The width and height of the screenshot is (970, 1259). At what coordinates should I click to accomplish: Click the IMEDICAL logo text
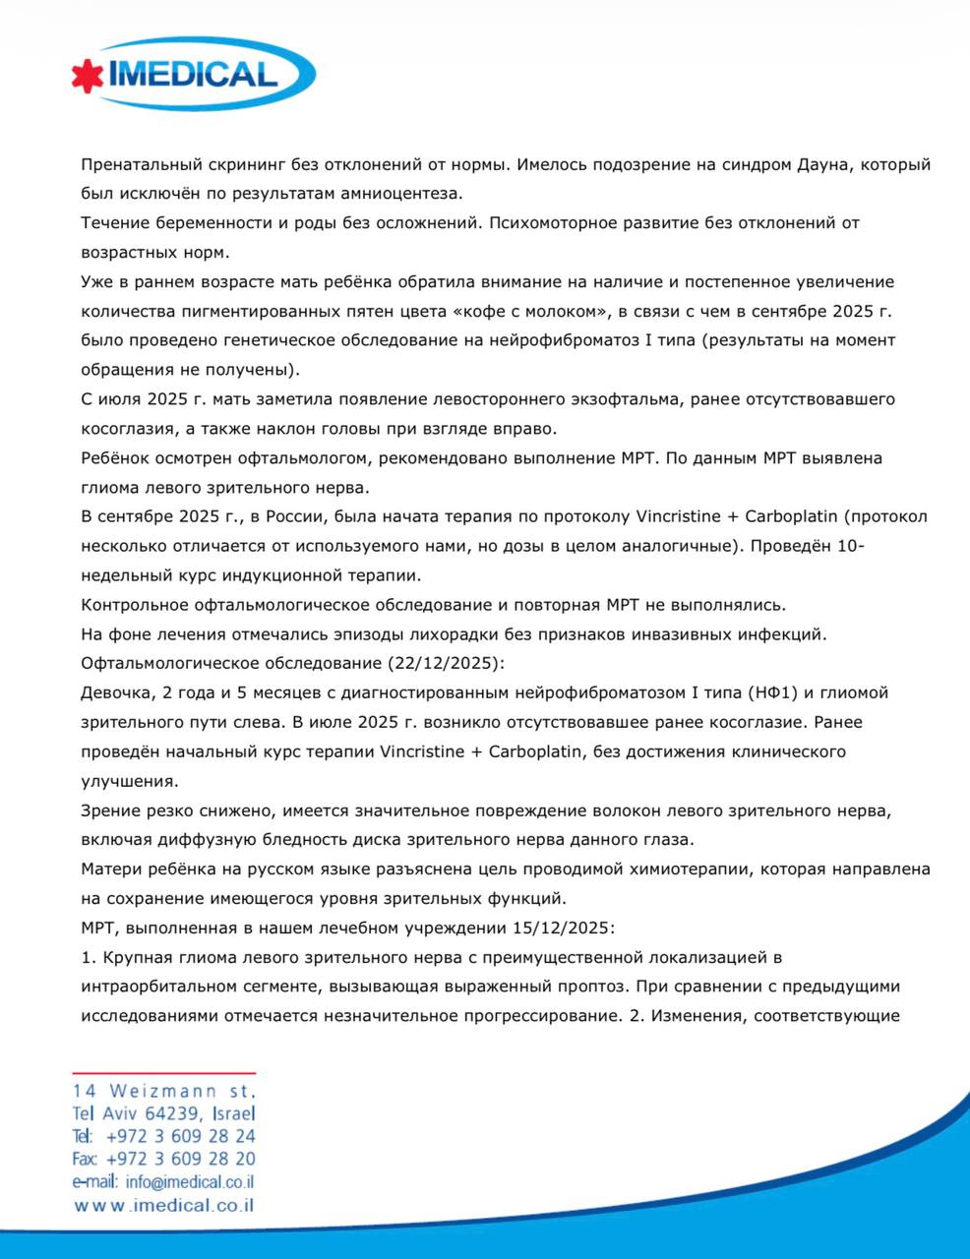[x=197, y=75]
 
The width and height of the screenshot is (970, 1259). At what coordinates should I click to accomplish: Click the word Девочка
[x=116, y=693]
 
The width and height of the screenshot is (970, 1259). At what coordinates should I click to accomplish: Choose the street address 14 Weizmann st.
[x=164, y=1091]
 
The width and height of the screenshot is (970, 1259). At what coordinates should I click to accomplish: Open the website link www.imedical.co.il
[x=164, y=1205]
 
